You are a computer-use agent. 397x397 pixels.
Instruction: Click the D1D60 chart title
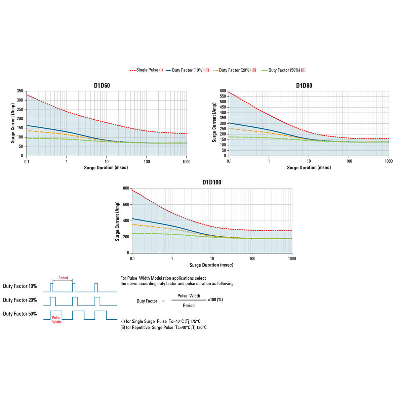click(102, 85)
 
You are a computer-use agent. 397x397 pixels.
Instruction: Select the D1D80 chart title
click(304, 85)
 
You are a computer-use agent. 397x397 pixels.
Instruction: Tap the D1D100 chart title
click(212, 182)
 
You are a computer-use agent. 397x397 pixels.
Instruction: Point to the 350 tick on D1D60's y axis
click(20, 91)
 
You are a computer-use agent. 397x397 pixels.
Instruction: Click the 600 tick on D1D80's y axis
click(223, 91)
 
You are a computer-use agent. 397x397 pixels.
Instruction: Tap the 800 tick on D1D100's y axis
click(126, 188)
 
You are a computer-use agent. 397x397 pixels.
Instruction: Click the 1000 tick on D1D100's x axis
click(292, 259)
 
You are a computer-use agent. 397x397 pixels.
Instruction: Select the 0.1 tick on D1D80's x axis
click(229, 161)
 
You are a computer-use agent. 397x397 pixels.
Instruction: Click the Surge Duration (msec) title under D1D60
click(106, 167)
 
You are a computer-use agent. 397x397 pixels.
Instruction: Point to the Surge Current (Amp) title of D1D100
click(117, 221)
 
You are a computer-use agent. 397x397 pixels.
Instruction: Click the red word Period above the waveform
click(63, 278)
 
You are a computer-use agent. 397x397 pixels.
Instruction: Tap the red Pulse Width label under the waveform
click(56, 320)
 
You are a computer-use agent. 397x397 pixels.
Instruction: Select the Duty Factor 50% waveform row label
click(20, 314)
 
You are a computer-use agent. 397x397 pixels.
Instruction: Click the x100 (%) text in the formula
click(215, 300)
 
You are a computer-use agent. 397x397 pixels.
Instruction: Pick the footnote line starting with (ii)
click(163, 327)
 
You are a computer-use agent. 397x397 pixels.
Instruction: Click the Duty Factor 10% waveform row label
click(20, 286)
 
